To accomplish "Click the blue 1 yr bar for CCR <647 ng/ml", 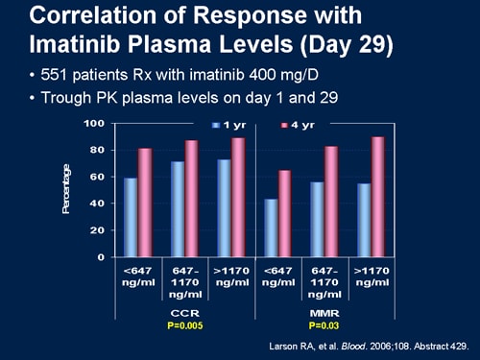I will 130,218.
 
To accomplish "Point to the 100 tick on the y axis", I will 94,124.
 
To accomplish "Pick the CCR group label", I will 181,312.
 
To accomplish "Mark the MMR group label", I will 323,312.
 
